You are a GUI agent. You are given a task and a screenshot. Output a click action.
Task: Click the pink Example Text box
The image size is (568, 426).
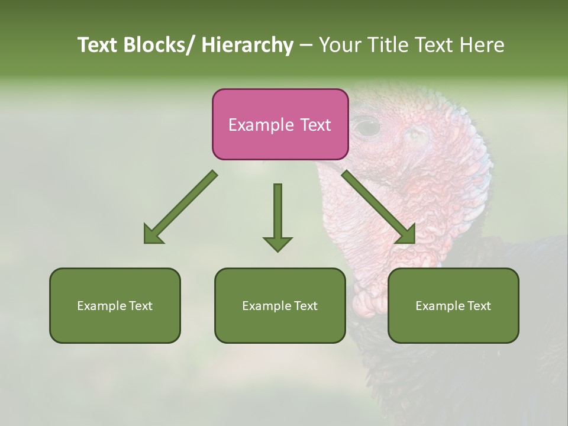[280, 124]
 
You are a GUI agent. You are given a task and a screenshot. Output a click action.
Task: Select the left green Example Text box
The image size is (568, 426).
[115, 305]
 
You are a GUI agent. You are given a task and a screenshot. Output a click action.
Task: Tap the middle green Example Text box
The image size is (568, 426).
[280, 305]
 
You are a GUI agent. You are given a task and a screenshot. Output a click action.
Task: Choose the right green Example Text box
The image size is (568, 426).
[453, 305]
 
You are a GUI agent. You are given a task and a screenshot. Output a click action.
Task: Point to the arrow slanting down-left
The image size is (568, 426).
[180, 207]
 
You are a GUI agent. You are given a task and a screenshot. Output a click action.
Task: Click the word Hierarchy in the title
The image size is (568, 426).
[247, 45]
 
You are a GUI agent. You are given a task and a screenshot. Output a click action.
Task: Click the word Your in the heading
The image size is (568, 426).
[341, 45]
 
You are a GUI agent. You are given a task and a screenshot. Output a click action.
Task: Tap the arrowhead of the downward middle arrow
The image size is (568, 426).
[277, 243]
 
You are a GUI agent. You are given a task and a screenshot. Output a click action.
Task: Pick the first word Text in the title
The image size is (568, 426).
[98, 45]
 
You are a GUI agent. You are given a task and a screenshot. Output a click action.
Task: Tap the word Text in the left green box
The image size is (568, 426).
[141, 306]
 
